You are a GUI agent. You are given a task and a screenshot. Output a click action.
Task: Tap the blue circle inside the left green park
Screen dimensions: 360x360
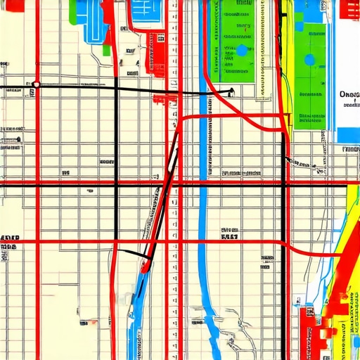coord(242,50)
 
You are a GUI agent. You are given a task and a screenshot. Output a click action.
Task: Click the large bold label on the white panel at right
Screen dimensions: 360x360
coord(349,94)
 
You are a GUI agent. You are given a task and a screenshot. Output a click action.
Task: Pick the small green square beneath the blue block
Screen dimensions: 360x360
coord(106,50)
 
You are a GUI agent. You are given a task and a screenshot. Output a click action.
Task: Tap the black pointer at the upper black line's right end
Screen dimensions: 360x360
coord(230,90)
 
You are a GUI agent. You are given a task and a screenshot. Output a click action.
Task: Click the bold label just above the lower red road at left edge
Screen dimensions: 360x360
coord(8,238)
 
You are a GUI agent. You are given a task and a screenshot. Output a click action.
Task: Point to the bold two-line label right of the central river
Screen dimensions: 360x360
coord(229,233)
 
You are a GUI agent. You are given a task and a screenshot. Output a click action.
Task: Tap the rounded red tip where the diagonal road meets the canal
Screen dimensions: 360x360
coord(145,266)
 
